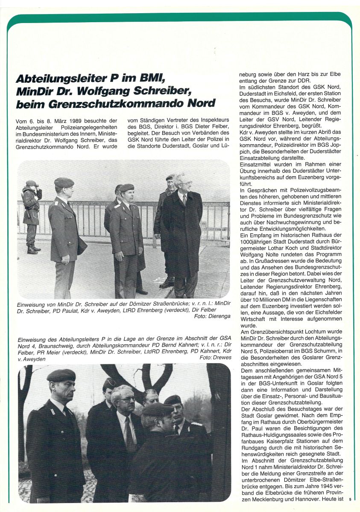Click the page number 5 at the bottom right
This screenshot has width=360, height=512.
(349, 499)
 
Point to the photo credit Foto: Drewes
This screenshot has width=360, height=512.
(215, 358)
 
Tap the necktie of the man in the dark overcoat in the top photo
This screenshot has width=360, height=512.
(184, 199)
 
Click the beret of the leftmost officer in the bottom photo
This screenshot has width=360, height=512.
(61, 375)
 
